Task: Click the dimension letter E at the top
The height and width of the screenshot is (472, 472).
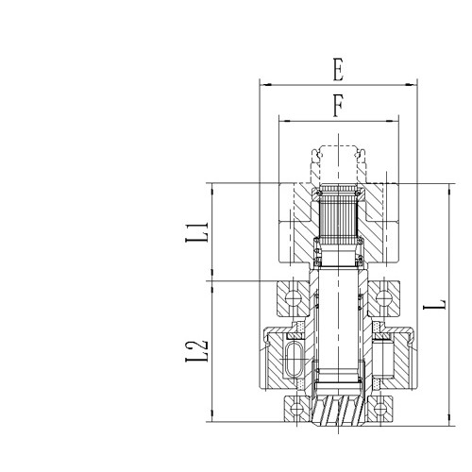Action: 337,70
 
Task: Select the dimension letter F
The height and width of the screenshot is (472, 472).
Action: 337,106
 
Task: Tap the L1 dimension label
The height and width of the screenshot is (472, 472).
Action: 195,231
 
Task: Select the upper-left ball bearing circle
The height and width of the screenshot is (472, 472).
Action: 293,300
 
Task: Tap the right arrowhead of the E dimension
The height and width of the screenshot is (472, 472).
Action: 414,85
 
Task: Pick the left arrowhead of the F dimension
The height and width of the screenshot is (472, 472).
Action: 281,120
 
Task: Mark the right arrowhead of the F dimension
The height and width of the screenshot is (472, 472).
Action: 395,120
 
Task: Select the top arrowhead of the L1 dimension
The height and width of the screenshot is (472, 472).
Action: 213,186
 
